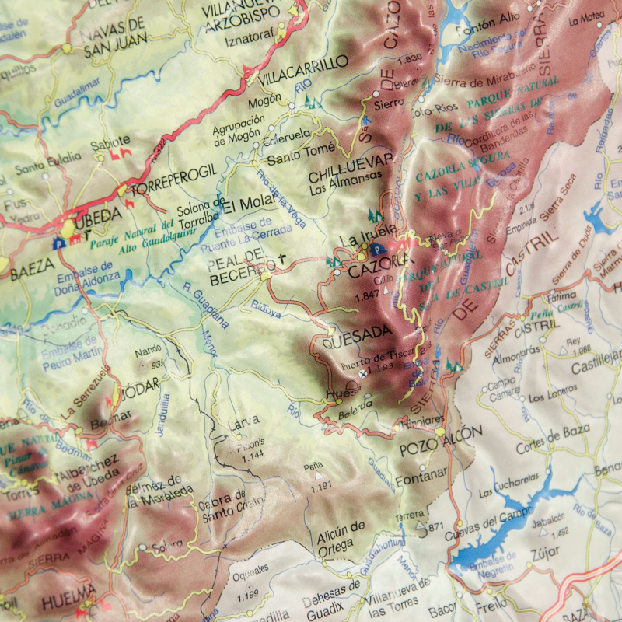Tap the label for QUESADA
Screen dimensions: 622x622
coord(357,332)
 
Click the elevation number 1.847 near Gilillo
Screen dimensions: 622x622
coord(365,295)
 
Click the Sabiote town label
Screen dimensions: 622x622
coord(110,144)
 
